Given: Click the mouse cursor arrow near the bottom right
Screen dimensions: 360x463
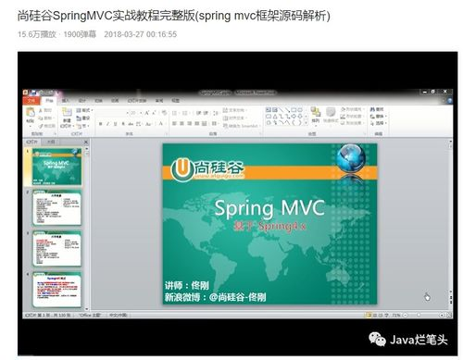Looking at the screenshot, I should (x=427, y=296).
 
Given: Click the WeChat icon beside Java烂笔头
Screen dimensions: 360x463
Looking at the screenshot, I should (x=377, y=339).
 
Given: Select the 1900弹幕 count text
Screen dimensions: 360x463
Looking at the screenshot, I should (x=81, y=33).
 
